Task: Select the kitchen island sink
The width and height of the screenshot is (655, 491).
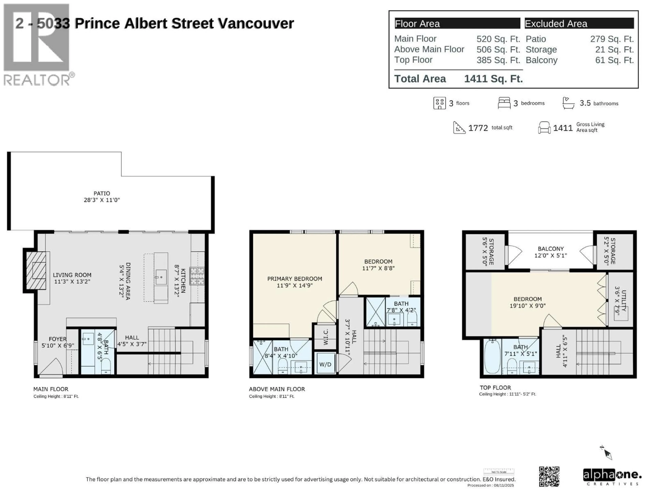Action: point(161,277)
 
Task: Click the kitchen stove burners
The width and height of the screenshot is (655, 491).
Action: point(197,276)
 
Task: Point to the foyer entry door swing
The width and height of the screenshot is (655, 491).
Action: point(51,367)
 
